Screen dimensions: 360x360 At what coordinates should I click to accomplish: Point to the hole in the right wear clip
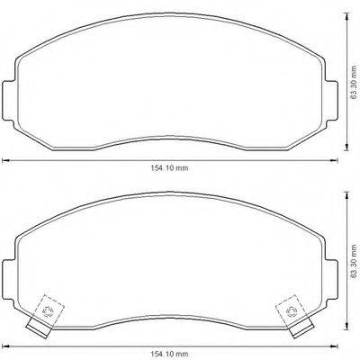[x=290, y=311]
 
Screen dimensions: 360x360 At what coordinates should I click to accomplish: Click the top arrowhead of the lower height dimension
[x=347, y=194]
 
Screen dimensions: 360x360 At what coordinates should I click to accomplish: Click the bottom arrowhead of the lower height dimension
[x=347, y=334]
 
